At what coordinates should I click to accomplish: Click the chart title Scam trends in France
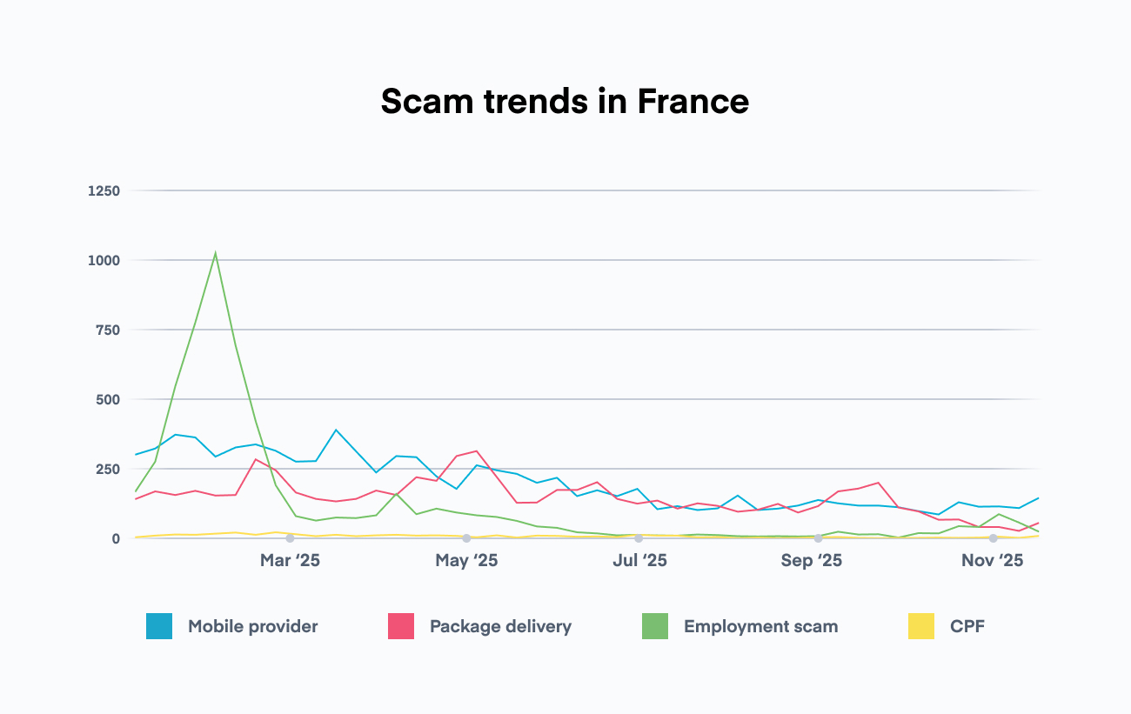565,102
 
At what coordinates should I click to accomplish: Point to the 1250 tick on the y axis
104,190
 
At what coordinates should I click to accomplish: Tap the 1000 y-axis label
104,260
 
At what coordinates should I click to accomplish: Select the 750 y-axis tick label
107,330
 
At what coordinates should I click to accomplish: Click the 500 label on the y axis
107,399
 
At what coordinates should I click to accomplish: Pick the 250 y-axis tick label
107,469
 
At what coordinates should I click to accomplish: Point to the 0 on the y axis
115,538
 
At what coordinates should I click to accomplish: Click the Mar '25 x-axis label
290,561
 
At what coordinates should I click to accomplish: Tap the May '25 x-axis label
466,561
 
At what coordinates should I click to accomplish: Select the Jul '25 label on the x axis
639,561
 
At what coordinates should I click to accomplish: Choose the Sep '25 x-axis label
811,561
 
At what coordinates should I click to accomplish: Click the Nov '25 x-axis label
992,561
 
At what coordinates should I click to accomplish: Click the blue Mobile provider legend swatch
159,626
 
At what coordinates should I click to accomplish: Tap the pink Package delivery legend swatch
401,626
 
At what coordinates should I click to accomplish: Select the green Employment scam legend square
655,626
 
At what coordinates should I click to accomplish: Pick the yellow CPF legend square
921,626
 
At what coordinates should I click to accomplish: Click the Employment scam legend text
760,626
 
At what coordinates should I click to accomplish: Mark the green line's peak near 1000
215,254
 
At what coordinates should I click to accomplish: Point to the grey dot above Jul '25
639,538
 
